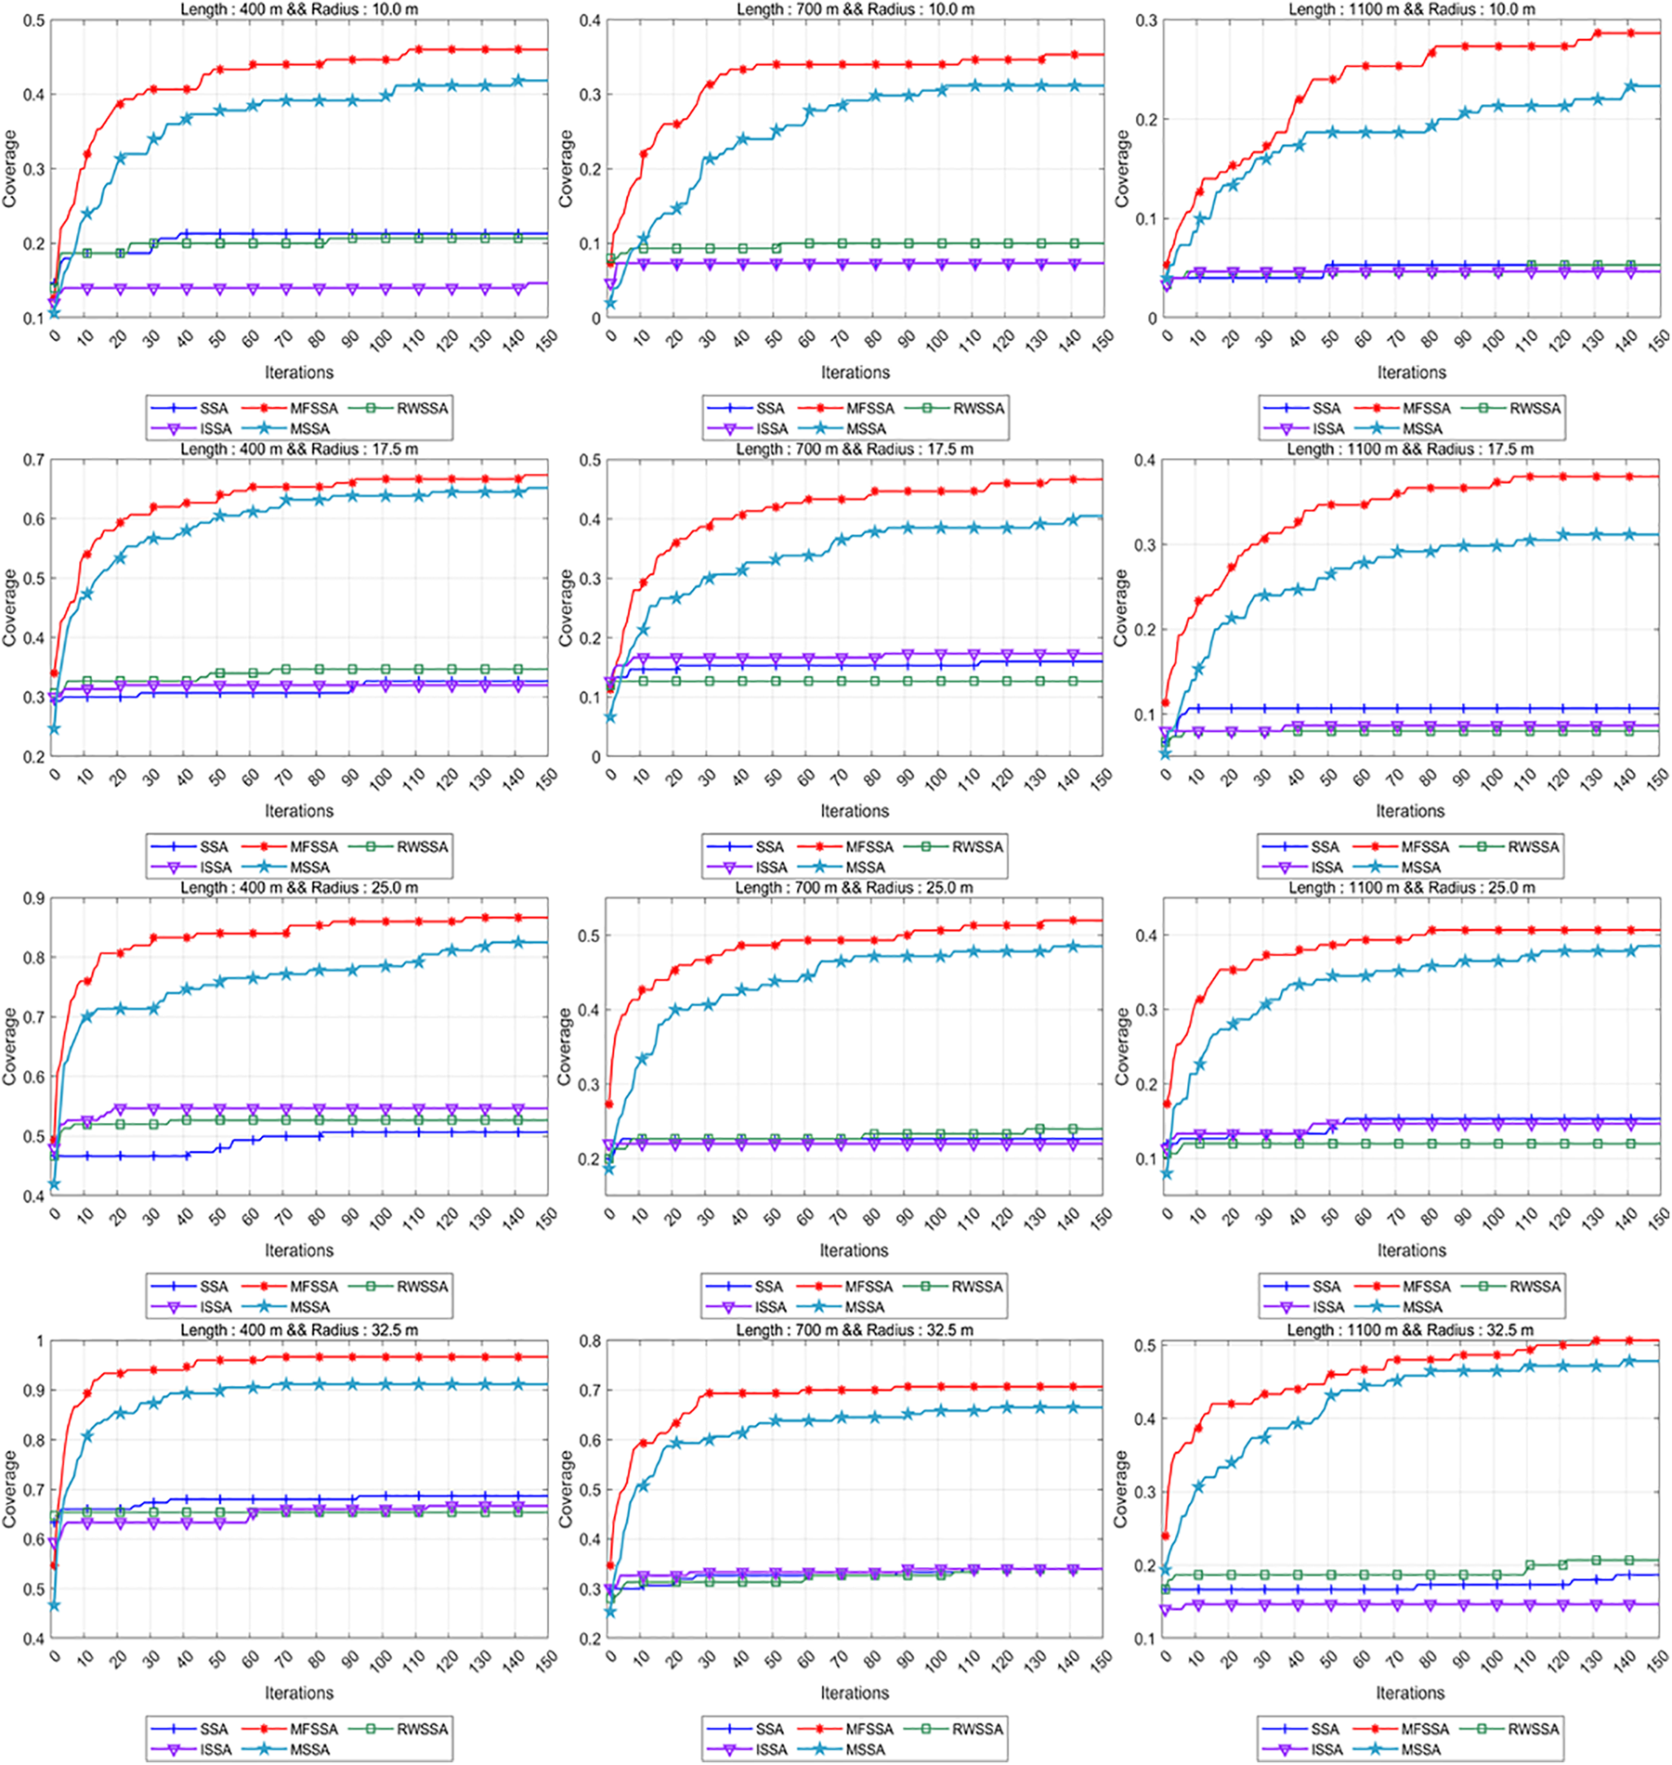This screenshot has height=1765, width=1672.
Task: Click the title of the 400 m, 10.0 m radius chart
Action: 299,9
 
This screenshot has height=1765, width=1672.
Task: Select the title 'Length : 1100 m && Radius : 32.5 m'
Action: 1410,1330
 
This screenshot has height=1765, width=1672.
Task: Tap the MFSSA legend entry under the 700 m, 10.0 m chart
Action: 869,409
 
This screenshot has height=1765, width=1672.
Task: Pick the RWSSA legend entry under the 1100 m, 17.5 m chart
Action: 1534,847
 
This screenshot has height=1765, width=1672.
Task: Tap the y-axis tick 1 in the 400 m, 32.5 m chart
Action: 39,1340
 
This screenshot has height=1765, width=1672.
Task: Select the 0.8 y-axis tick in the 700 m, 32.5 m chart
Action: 590,1340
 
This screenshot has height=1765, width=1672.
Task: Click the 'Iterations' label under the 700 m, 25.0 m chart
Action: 854,1250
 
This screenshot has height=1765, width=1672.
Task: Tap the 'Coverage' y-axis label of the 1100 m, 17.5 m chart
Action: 1122,608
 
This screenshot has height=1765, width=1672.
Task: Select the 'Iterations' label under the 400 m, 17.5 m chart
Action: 299,811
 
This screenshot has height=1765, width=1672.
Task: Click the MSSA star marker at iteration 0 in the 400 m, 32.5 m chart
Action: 54,1605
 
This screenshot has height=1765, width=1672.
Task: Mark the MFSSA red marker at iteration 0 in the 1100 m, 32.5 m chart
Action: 1167,1536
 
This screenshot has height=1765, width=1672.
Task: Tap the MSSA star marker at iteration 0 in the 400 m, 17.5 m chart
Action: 54,729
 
